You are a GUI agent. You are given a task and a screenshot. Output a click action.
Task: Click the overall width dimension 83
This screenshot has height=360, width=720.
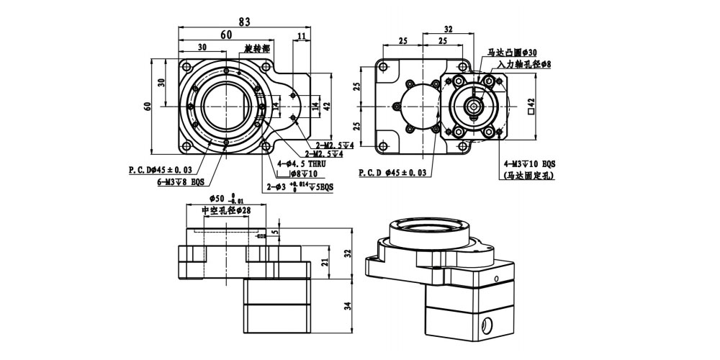coord(245,22)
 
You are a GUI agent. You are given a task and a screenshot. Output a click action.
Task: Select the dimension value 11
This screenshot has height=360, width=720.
coord(301,36)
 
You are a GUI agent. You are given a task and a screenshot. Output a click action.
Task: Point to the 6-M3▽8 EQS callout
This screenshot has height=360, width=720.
coord(182,182)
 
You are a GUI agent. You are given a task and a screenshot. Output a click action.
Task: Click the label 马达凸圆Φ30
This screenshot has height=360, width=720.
coord(512,53)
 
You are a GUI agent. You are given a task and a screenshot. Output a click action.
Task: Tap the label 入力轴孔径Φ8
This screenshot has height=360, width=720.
coord(518,65)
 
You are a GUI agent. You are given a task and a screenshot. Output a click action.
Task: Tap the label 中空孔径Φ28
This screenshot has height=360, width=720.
coord(225,210)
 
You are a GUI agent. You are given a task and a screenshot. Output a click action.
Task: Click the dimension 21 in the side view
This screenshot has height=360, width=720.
coord(325,262)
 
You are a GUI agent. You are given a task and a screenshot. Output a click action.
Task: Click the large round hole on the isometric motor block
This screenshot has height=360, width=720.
coord(490,325)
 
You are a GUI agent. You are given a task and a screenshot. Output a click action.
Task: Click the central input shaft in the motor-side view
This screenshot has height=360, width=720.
coord(473,106)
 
